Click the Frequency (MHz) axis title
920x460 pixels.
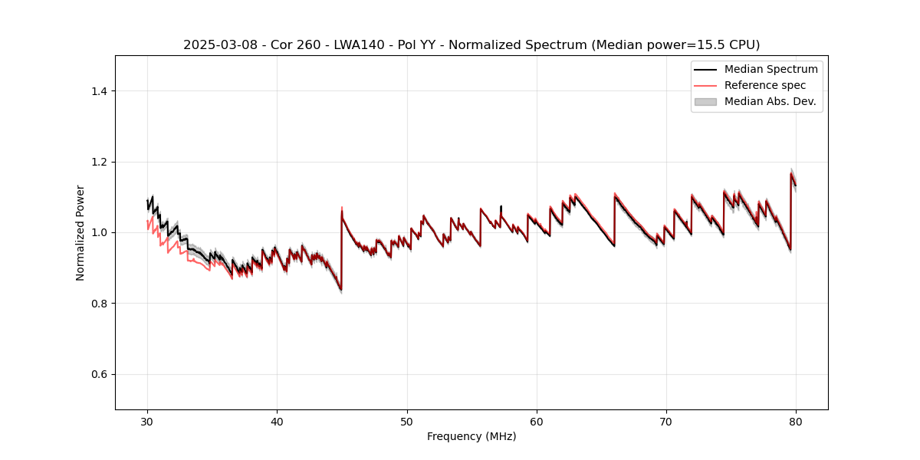pos(472,436)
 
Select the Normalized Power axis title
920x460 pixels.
pos(80,232)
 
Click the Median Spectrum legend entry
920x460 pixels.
pos(770,69)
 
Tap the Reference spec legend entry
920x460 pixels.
pos(764,85)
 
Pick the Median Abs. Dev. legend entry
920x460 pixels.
pos(770,101)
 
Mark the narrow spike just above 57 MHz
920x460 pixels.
pos(501,207)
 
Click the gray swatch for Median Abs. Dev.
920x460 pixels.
pos(705,101)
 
